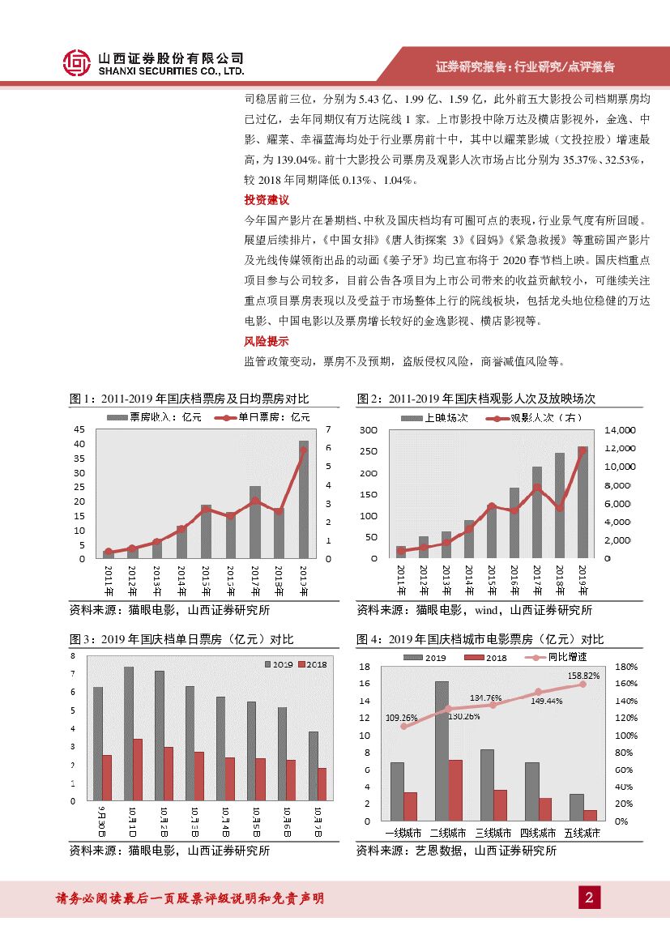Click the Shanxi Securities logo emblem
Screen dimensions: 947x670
point(76,63)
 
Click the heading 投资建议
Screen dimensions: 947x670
point(267,200)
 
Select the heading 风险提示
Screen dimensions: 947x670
point(267,342)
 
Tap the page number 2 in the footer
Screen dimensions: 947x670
point(589,897)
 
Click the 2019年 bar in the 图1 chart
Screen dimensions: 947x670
point(304,499)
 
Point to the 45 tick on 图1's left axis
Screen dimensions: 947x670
point(79,429)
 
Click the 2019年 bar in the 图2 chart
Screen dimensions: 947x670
point(583,502)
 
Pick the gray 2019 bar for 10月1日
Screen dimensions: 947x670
point(129,734)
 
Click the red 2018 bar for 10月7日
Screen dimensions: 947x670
point(322,784)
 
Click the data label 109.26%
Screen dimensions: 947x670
point(402,717)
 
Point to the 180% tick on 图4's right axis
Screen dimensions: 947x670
point(627,668)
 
